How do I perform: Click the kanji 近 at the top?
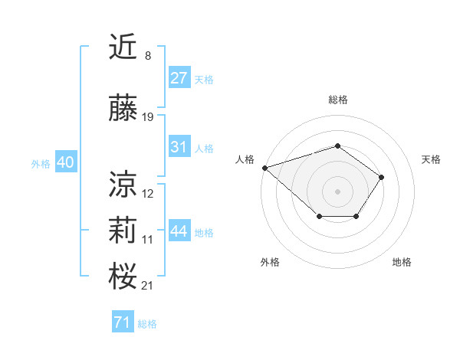coord(123,47)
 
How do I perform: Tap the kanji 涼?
coord(123,184)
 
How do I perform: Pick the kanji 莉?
coord(123,231)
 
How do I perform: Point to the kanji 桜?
coord(123,276)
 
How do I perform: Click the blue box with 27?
coord(179,78)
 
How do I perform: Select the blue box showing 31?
coord(179,147)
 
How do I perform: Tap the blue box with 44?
coord(179,231)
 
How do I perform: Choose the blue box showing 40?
coord(64,162)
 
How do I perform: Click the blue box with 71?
coord(123,322)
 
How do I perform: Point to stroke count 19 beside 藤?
coord(148,117)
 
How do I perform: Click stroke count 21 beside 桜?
coord(148,286)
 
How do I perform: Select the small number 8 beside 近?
coord(147,55)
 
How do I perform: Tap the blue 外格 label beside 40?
coord(41,163)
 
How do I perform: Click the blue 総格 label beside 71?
coord(147,324)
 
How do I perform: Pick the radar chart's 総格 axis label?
coord(338,100)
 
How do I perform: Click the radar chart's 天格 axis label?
coord(432,159)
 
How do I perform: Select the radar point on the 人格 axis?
coord(264,167)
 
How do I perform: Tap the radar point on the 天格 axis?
coord(382,177)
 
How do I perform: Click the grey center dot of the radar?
coord(338,191)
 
